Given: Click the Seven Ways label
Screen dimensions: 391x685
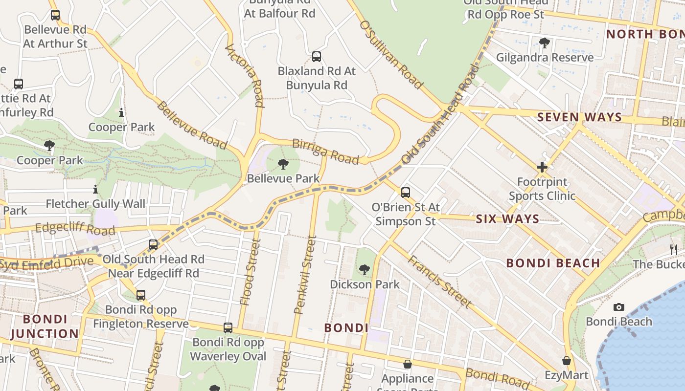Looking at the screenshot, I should pyautogui.click(x=579, y=117).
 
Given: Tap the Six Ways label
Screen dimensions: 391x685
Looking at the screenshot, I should pyautogui.click(x=508, y=219).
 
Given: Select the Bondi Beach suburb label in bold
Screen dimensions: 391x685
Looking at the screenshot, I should pyautogui.click(x=553, y=263).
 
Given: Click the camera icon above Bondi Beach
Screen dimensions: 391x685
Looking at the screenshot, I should pyautogui.click(x=619, y=307).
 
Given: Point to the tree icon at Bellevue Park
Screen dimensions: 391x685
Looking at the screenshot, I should pyautogui.click(x=283, y=164).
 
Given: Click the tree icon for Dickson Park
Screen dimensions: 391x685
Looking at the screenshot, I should pyautogui.click(x=364, y=269).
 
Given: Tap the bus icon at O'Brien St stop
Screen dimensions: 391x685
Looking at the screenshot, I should pyautogui.click(x=406, y=193).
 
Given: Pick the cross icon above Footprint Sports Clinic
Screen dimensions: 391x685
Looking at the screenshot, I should pyautogui.click(x=542, y=168).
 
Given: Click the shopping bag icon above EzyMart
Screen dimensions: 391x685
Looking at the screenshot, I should pyautogui.click(x=567, y=361).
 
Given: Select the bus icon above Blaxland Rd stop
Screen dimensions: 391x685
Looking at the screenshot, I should pyautogui.click(x=317, y=57).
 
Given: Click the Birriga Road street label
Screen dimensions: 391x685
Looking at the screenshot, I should pyautogui.click(x=325, y=151).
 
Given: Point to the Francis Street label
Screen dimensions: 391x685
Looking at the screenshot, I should pyautogui.click(x=439, y=282).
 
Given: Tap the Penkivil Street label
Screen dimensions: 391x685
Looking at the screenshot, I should pyautogui.click(x=305, y=275).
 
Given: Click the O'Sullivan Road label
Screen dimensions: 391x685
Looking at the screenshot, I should pyautogui.click(x=391, y=55).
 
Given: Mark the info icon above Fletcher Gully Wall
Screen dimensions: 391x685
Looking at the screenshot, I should pyautogui.click(x=95, y=189).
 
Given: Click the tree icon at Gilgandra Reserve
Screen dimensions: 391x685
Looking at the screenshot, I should pyautogui.click(x=544, y=43).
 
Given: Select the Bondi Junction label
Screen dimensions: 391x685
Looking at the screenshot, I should pyautogui.click(x=45, y=326).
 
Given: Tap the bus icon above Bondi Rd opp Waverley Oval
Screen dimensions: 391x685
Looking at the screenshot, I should pyautogui.click(x=228, y=328).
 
